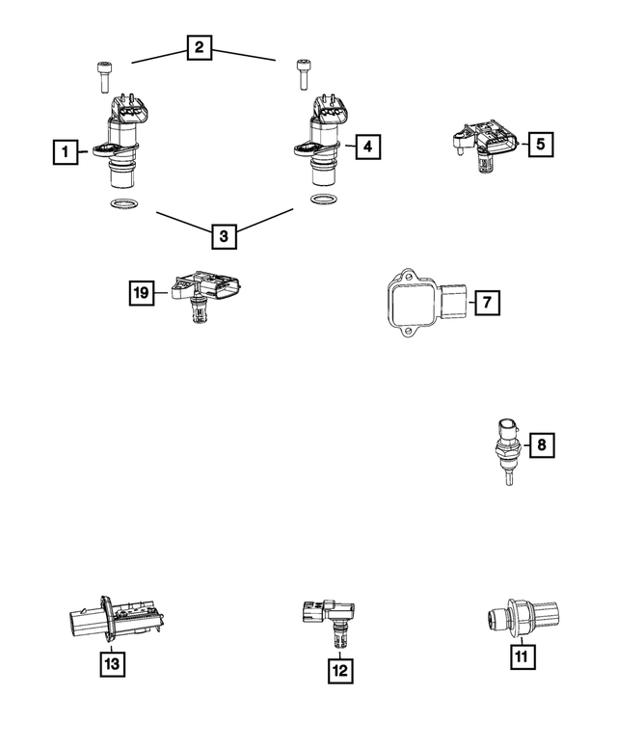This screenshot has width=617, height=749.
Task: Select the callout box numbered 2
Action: (200, 46)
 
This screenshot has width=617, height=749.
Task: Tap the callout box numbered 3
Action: (223, 234)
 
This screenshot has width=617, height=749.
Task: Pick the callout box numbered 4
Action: (367, 147)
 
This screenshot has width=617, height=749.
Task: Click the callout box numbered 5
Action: (540, 145)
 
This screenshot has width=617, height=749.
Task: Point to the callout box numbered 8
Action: (541, 444)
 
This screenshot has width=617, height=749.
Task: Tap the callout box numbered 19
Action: (143, 293)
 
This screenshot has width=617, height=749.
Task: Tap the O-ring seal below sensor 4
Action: (323, 201)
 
